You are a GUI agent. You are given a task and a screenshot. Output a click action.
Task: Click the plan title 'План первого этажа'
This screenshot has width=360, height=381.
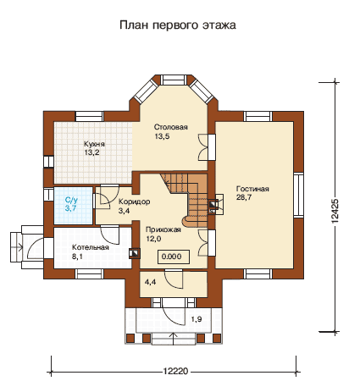(x=178, y=25)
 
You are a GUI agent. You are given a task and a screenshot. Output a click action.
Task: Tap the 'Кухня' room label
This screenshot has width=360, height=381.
(x=94, y=144)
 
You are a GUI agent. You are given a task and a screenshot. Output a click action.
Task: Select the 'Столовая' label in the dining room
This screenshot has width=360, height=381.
(x=171, y=127)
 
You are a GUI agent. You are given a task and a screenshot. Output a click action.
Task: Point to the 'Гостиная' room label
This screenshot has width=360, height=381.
(x=252, y=189)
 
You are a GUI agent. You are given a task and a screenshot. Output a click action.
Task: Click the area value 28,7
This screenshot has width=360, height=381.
(x=244, y=197)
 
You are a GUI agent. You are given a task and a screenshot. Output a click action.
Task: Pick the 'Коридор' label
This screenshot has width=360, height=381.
(x=134, y=202)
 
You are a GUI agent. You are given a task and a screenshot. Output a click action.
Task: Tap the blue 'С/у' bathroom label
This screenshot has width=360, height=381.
(x=71, y=201)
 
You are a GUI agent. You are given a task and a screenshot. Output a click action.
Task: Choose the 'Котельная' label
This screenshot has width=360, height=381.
(x=91, y=247)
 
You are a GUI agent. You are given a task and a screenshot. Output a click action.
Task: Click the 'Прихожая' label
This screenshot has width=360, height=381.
(x=163, y=229)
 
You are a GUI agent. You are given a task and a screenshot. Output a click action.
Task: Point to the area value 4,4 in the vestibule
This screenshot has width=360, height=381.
(x=150, y=282)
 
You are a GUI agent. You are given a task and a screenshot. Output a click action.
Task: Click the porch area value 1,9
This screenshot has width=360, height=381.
(x=197, y=319)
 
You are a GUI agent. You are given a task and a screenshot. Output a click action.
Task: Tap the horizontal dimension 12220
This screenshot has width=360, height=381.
(x=175, y=371)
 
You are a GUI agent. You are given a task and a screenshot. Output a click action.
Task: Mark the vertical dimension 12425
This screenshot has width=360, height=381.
(x=335, y=212)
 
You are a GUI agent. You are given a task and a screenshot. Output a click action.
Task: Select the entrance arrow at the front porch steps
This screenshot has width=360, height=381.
(x=174, y=339)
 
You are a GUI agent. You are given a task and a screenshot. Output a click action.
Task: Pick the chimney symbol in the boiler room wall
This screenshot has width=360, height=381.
(x=135, y=253)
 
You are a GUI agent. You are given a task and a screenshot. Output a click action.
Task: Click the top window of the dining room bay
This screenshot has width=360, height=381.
(x=174, y=80)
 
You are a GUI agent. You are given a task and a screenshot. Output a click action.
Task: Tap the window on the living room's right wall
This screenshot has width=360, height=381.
(x=298, y=195)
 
